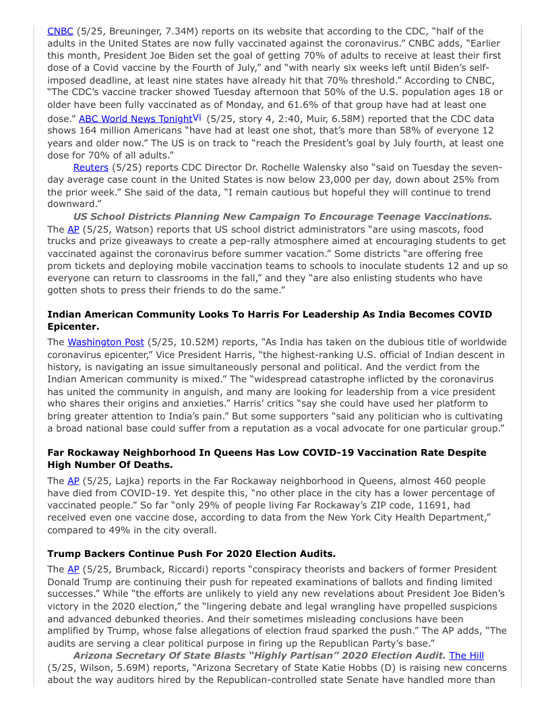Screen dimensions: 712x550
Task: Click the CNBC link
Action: (59, 31)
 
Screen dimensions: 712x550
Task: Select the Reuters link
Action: (90, 167)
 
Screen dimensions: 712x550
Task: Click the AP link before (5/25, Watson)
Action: (73, 229)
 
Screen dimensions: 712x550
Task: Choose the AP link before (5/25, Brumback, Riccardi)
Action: (73, 569)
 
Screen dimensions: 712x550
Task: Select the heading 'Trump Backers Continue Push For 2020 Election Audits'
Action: (191, 554)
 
